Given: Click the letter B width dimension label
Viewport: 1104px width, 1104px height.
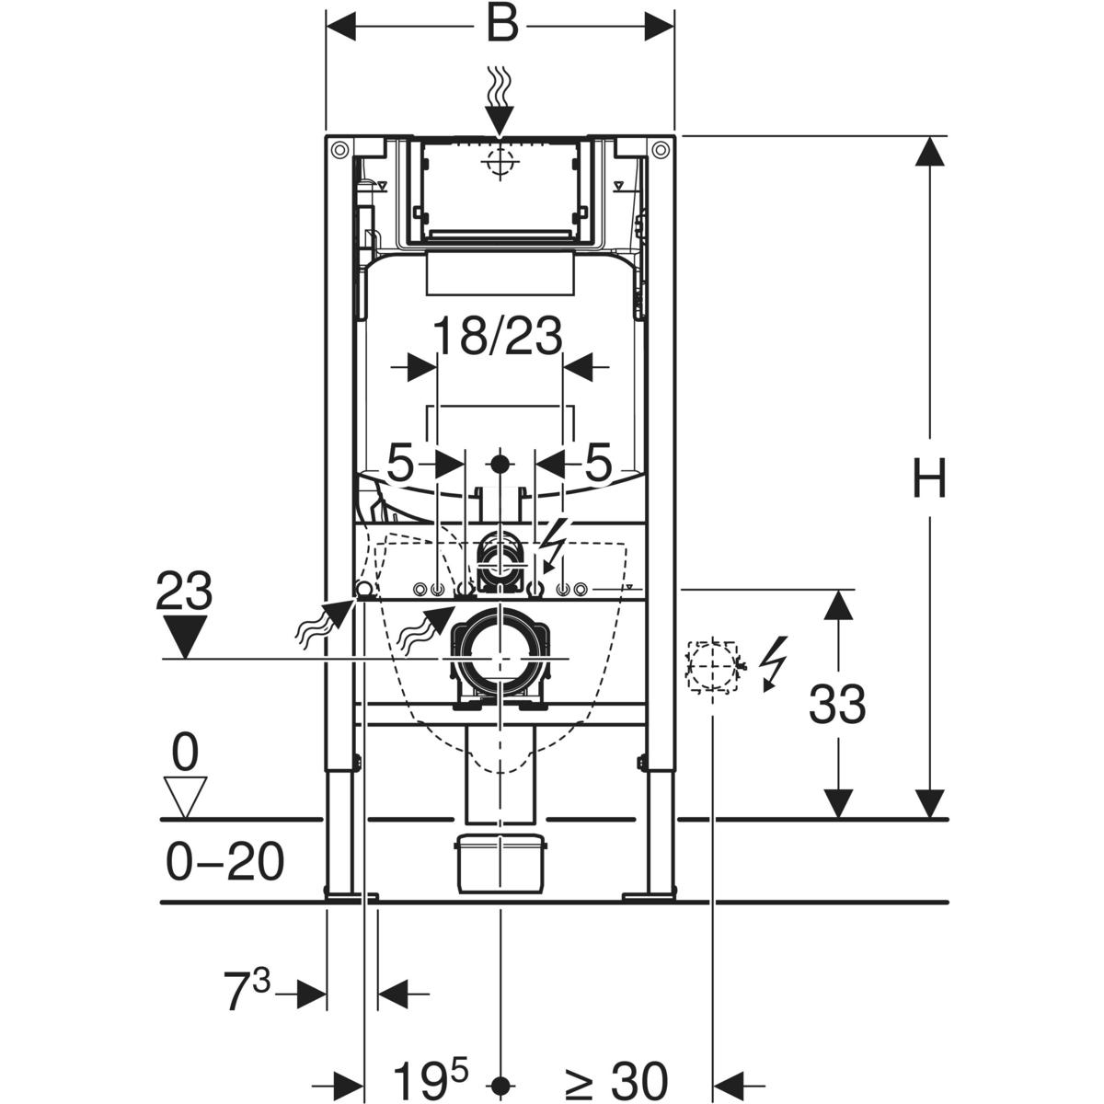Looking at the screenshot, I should click(x=501, y=25).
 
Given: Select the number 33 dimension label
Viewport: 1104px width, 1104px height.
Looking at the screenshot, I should click(x=837, y=705).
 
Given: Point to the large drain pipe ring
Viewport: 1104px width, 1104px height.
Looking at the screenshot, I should click(x=499, y=659).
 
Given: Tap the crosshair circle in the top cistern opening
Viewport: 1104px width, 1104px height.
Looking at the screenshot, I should click(x=499, y=164).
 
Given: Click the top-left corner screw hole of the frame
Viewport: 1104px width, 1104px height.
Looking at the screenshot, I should click(x=339, y=149).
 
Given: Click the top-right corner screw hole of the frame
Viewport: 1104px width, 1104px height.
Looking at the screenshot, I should click(x=660, y=149).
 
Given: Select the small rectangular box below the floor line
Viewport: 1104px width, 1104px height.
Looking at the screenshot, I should click(x=501, y=863).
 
